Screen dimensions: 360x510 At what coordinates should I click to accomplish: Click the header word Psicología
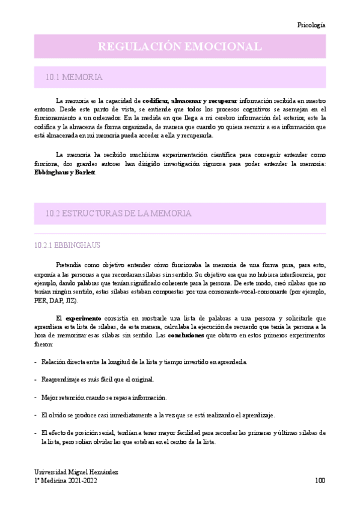(311, 25)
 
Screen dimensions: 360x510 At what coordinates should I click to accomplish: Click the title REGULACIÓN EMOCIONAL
(180, 46)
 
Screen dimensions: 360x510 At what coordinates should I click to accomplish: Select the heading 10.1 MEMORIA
(73, 77)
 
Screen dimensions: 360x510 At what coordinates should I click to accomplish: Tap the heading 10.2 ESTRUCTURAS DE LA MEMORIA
(118, 214)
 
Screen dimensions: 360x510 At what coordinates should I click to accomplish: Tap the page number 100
(319, 481)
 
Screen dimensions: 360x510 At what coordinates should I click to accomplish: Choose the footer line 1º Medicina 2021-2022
(65, 481)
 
